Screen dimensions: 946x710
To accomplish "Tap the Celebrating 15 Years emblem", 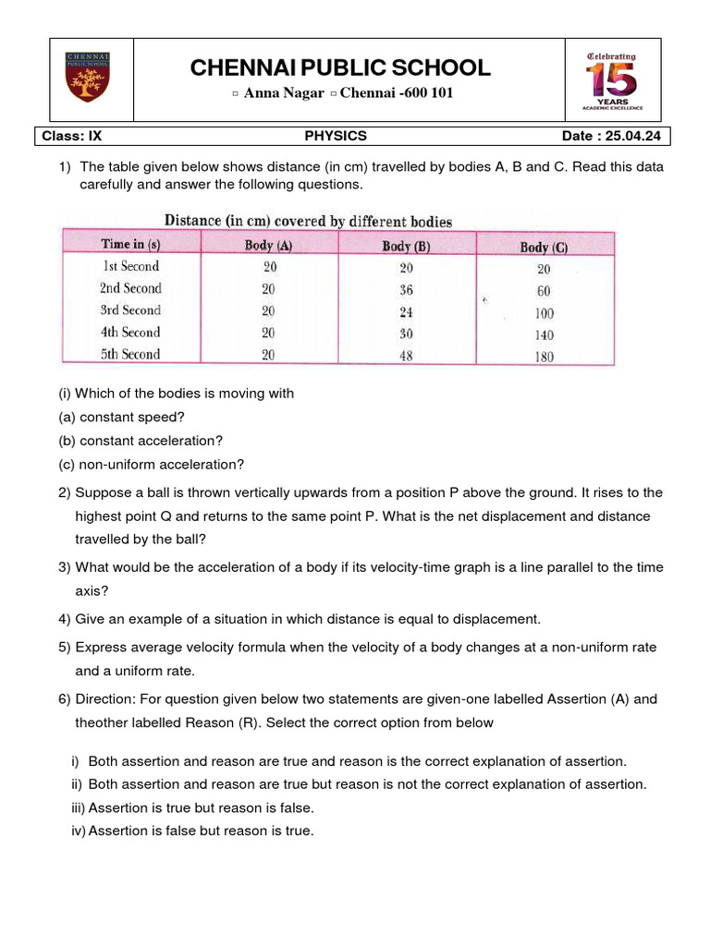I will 611,80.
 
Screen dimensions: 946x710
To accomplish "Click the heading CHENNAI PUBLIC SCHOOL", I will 340,67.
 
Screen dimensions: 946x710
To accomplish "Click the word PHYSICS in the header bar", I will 336,136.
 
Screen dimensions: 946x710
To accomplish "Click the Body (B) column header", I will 407,246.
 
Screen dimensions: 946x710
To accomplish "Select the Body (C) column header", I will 545,247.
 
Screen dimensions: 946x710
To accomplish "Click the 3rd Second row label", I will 130,310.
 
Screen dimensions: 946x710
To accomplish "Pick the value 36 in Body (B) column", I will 407,289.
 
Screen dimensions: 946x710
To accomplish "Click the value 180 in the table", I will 545,357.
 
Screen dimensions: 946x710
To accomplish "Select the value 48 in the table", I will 407,355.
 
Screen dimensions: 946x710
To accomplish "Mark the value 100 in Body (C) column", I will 545,313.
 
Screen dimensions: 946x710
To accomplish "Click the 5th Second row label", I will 130,354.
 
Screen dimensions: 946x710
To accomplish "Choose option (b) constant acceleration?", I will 141,441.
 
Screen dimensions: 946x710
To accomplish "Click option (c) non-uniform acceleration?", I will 152,465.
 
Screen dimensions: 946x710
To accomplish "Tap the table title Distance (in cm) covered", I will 308,221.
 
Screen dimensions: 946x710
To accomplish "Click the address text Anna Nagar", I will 284,93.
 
